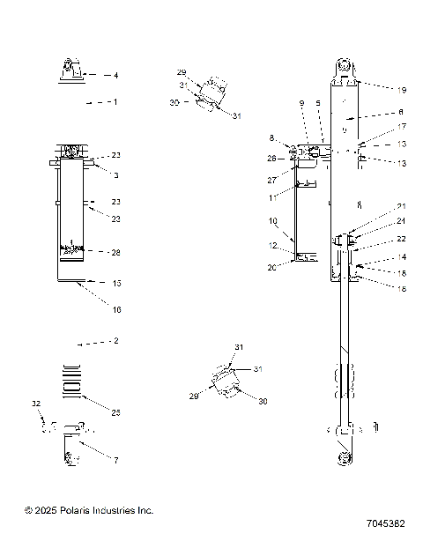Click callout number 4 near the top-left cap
click(115, 76)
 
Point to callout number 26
click(272, 159)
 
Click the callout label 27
click(272, 179)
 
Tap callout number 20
click(273, 267)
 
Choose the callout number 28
click(115, 253)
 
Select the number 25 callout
click(115, 411)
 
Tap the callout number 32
click(36, 403)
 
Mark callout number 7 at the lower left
click(115, 461)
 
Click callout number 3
click(115, 176)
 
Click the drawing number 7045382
click(382, 522)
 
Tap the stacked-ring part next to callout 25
click(69, 376)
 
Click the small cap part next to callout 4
click(71, 70)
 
